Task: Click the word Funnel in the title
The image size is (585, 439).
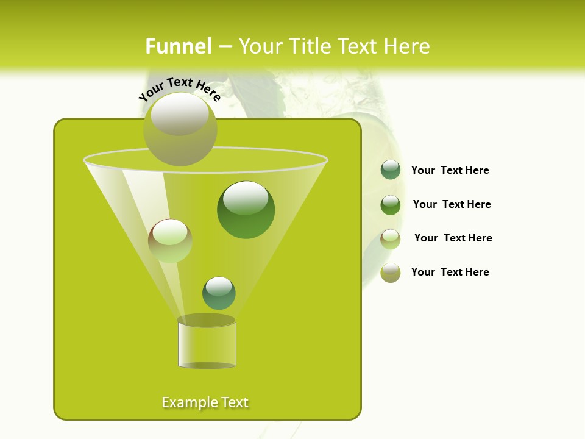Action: tap(178, 46)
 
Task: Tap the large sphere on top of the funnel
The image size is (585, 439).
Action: tap(180, 129)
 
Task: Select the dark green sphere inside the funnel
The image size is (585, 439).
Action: tap(246, 210)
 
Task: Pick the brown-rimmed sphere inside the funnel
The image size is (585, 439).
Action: tap(170, 241)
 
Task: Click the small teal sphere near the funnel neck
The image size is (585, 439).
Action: tap(219, 293)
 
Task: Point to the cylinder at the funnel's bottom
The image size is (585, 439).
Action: tap(207, 344)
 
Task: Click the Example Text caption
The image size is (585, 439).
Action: tap(205, 402)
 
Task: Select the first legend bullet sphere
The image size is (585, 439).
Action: tap(391, 170)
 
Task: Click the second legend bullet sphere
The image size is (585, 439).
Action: tap(391, 204)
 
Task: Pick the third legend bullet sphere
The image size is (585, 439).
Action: tap(391, 238)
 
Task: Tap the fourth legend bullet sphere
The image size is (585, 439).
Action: tap(391, 273)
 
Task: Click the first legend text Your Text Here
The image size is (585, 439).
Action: tap(450, 170)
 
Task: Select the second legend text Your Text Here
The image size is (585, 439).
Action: tap(452, 204)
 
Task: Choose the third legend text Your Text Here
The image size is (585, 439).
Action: tap(453, 238)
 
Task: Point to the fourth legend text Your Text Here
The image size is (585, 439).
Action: tap(450, 272)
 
